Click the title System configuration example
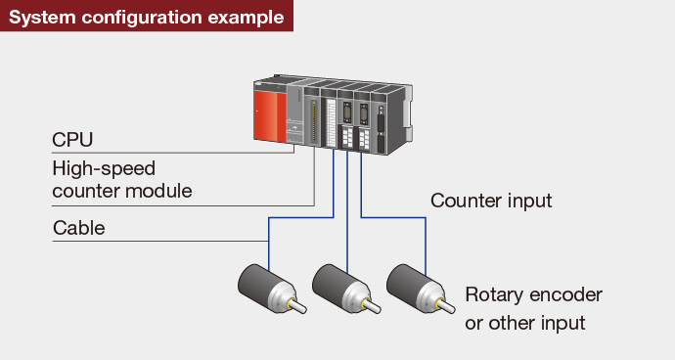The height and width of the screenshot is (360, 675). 147,18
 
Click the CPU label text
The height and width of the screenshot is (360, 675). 72,140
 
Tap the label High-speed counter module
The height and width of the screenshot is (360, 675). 122,180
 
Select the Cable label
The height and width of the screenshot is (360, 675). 79,228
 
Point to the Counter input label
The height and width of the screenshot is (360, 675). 491,201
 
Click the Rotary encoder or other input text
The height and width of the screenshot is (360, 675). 533,309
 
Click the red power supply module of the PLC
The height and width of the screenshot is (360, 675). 270,115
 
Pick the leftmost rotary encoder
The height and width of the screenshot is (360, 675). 272,289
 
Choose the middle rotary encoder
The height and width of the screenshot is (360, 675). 346,289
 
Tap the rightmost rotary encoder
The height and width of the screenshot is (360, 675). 421,289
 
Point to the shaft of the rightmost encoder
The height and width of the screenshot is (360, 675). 446,306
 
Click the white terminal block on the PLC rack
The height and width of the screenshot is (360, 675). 331,122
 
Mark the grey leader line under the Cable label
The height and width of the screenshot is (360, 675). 160,242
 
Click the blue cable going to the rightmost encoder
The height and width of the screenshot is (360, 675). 393,217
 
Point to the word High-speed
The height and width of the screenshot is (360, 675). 104,169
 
